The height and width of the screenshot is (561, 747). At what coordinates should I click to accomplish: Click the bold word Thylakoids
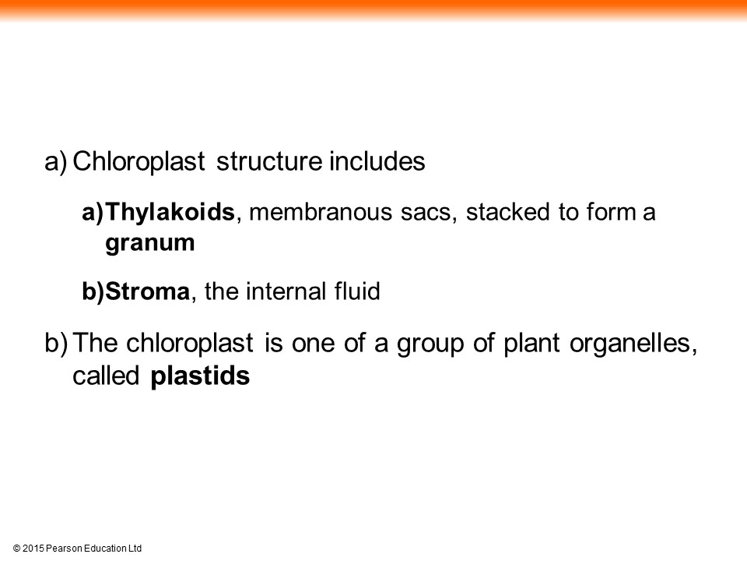[x=170, y=213]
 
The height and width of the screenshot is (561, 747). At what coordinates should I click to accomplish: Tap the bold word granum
[x=150, y=244]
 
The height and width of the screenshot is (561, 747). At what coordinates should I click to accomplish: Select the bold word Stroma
[x=147, y=291]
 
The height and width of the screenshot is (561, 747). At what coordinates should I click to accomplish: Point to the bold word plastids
[x=200, y=376]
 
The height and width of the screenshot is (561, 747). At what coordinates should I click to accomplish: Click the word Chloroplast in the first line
[x=139, y=162]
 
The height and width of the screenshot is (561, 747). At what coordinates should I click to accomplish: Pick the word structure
[x=269, y=162]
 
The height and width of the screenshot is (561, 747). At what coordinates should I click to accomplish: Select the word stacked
[x=507, y=212]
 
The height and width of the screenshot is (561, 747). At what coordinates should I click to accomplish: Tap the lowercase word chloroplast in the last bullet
[x=190, y=344]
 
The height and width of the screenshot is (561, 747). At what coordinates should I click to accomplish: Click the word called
[x=106, y=376]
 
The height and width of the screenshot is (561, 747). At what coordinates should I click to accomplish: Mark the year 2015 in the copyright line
[x=33, y=549]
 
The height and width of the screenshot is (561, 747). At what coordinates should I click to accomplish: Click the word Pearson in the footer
[x=65, y=549]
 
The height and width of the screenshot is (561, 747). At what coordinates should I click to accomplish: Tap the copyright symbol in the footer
[x=16, y=549]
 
